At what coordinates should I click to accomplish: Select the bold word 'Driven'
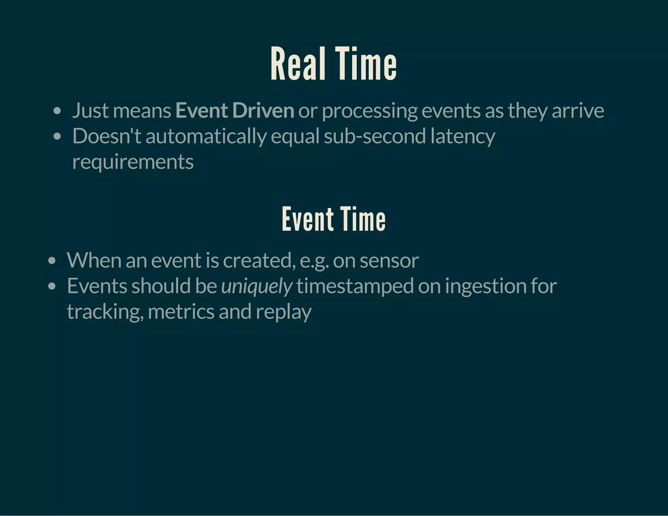pos(263,111)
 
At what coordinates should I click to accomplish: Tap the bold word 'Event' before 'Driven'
pos(201,111)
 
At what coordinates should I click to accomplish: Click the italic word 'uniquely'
pos(256,286)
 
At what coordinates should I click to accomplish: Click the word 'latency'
pos(463,136)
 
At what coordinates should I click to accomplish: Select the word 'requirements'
pos(133,162)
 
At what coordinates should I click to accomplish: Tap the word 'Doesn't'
pos(107,136)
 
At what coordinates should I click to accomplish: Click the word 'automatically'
pos(206,136)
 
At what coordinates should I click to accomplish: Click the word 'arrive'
pos(578,111)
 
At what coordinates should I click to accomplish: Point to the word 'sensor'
pos(389,261)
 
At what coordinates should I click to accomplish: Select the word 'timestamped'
pos(355,286)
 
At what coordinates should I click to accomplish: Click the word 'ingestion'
pos(486,286)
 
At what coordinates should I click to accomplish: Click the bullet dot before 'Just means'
pos(57,111)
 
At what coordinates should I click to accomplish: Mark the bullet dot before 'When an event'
pos(52,261)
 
